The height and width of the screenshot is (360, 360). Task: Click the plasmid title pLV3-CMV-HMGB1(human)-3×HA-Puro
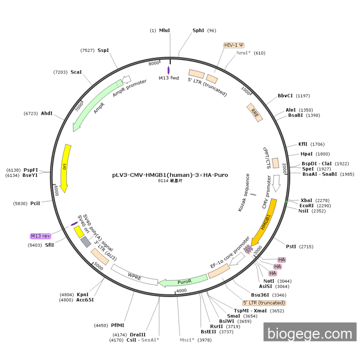click(x=170, y=175)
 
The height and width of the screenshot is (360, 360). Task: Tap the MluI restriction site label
click(x=164, y=31)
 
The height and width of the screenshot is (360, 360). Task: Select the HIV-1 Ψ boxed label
click(x=234, y=45)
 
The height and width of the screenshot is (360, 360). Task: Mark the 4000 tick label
click(x=182, y=291)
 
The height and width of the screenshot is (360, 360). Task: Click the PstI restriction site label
click(x=291, y=246)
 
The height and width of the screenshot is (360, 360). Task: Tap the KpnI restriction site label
click(x=83, y=295)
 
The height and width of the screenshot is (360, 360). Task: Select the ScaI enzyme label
click(x=76, y=73)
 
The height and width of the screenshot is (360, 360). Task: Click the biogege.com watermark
click(x=310, y=334)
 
